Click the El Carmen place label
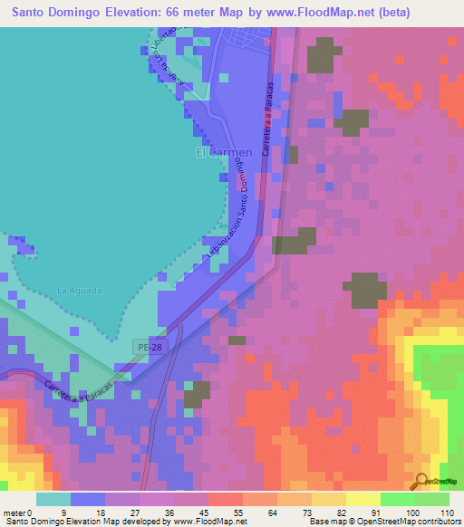(224, 152)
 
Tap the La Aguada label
(80, 291)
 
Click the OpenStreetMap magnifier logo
(420, 482)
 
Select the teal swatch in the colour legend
(53, 499)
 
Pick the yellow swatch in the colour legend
(363, 499)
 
